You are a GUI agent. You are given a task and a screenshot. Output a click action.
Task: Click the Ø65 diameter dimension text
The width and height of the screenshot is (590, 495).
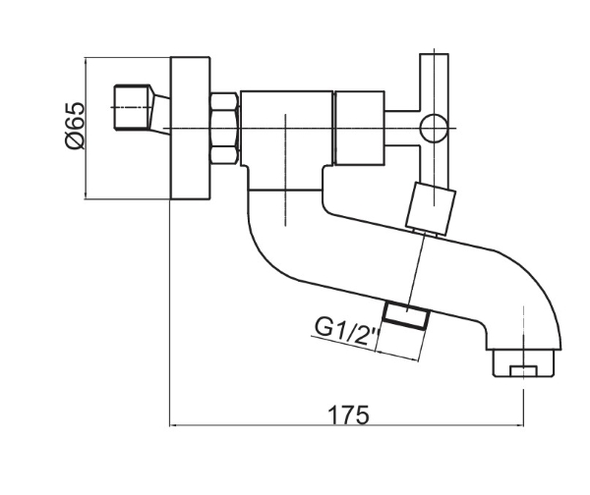coord(76,126)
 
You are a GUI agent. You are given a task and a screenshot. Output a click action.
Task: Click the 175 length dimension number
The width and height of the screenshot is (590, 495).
coord(349,414)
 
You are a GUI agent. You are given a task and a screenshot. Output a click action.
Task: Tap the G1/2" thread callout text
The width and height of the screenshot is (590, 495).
coord(346,331)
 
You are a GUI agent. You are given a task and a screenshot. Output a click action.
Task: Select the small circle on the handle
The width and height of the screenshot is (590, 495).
coord(434,129)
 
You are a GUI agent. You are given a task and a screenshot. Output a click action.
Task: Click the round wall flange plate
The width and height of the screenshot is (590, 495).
coord(190,128)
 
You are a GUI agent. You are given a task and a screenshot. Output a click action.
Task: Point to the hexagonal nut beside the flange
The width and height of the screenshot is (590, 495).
coord(224,128)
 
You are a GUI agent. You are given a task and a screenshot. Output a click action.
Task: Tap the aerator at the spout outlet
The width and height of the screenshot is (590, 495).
coord(523,363)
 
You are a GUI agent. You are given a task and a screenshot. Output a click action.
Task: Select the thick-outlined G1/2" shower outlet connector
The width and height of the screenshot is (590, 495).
coord(406,316)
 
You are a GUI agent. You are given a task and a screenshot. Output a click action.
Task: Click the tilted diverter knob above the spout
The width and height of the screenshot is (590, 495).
coord(432,208)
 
